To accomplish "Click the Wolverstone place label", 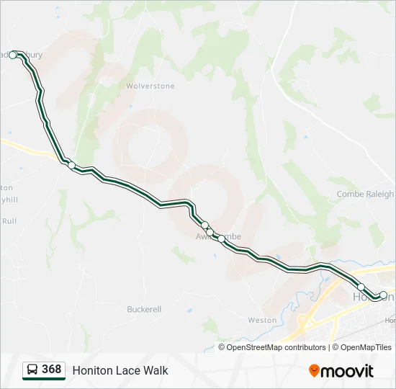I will pyautogui.click(x=150, y=86).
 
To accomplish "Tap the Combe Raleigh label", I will pyautogui.click(x=365, y=194).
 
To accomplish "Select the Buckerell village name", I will pyautogui.click(x=144, y=309).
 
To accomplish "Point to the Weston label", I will pyautogui.click(x=261, y=320).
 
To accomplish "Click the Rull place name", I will pyautogui.click(x=9, y=221).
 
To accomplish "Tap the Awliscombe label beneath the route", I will pyautogui.click(x=219, y=236).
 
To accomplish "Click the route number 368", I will pyautogui.click(x=51, y=370).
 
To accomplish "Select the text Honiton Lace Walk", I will pyautogui.click(x=120, y=370).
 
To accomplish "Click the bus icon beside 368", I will pyautogui.click(x=32, y=370).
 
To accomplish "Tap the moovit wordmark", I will pyautogui.click(x=348, y=371).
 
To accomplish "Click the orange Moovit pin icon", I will pyautogui.click(x=315, y=370).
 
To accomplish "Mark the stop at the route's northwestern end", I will pyautogui.click(x=13, y=55).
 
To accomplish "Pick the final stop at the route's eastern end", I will pyautogui.click(x=384, y=294).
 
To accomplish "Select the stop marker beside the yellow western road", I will pyautogui.click(x=71, y=166).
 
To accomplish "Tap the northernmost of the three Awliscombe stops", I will pyautogui.click(x=204, y=225).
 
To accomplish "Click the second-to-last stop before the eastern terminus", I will pyautogui.click(x=361, y=287).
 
